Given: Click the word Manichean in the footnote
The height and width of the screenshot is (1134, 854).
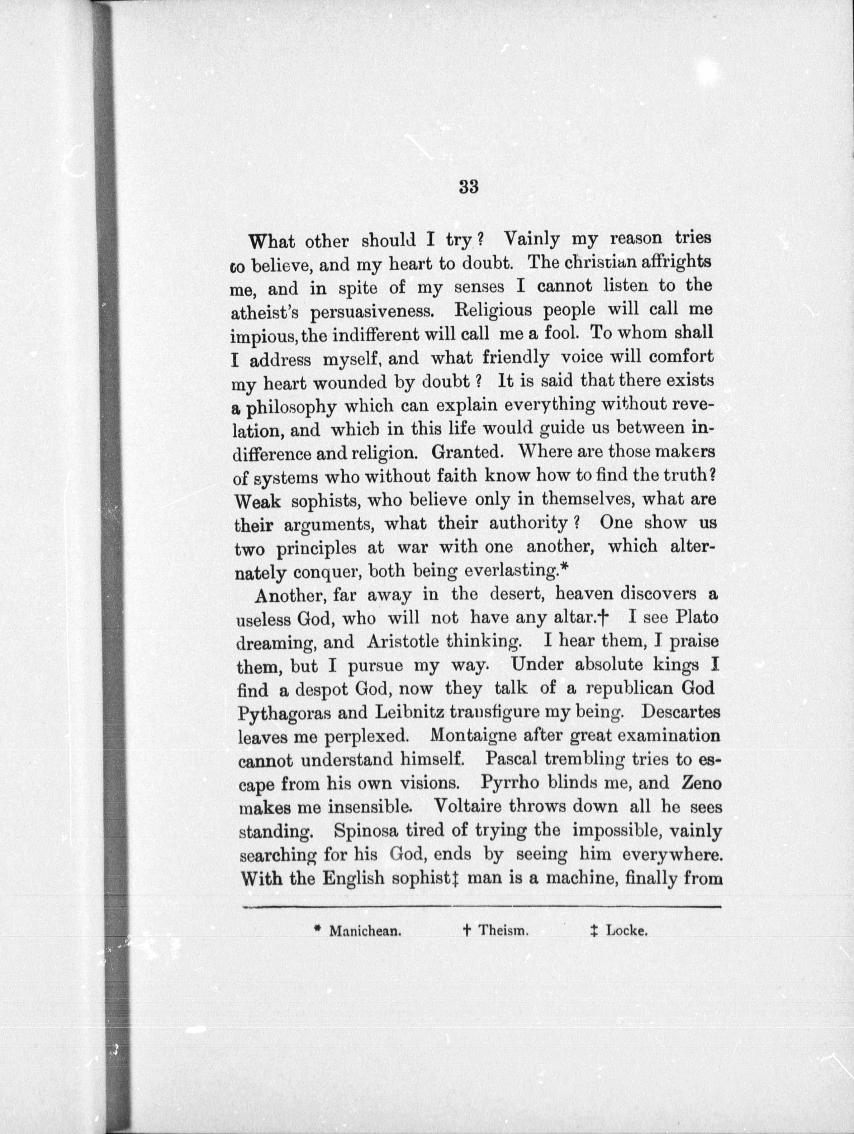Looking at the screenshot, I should tap(364, 930).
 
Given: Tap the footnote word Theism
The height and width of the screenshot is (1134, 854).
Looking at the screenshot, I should tap(503, 930).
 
